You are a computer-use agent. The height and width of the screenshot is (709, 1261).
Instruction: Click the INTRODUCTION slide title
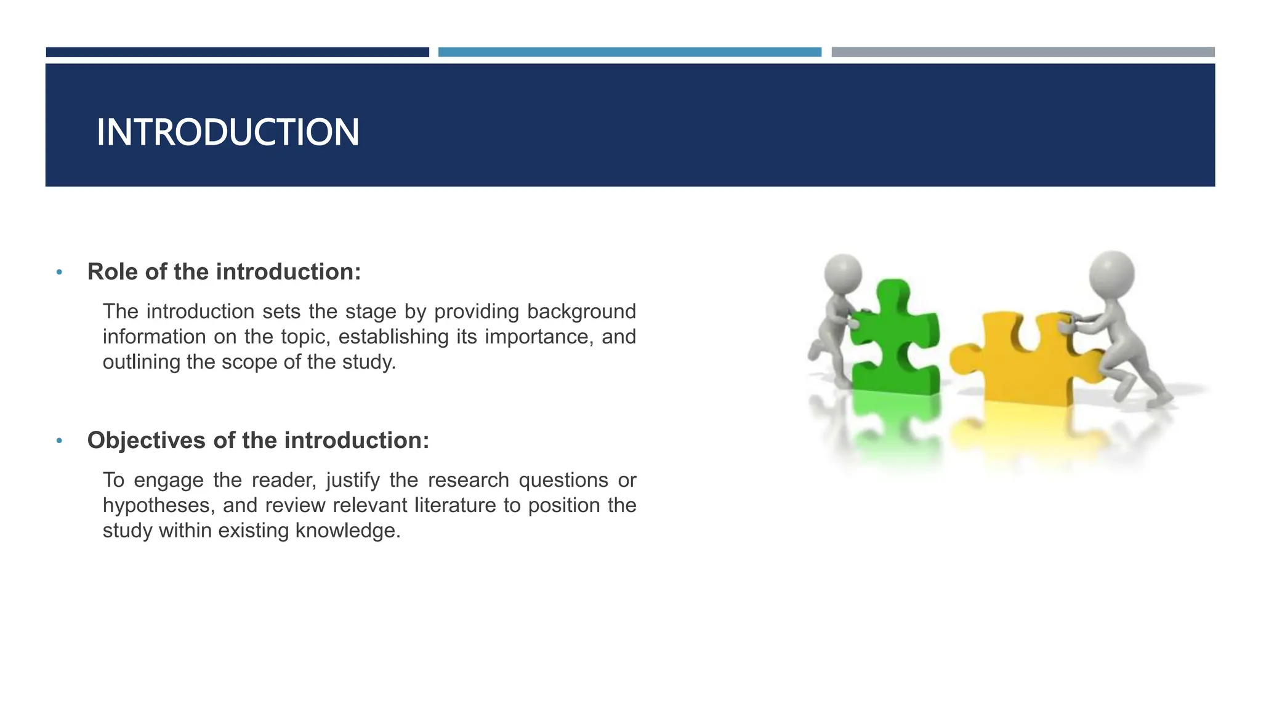point(227,132)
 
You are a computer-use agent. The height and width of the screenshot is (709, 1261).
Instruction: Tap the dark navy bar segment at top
point(237,52)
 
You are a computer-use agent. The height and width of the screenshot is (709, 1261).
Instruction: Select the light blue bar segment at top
point(629,52)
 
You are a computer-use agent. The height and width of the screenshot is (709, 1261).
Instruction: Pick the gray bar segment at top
point(1023,52)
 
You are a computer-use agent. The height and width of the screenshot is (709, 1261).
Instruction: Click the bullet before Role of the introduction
point(59,272)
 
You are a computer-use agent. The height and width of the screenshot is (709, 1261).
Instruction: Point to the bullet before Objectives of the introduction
point(59,441)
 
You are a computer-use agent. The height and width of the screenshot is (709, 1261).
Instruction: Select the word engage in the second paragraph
point(168,480)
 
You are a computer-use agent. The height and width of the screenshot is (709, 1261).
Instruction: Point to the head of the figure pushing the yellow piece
point(1111,272)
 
